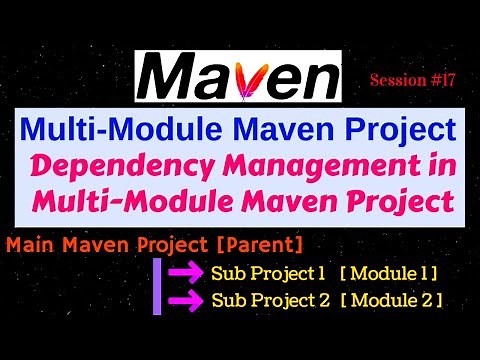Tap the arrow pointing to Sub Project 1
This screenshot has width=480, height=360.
[186, 272]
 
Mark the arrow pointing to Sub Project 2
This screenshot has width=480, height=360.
[186, 298]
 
